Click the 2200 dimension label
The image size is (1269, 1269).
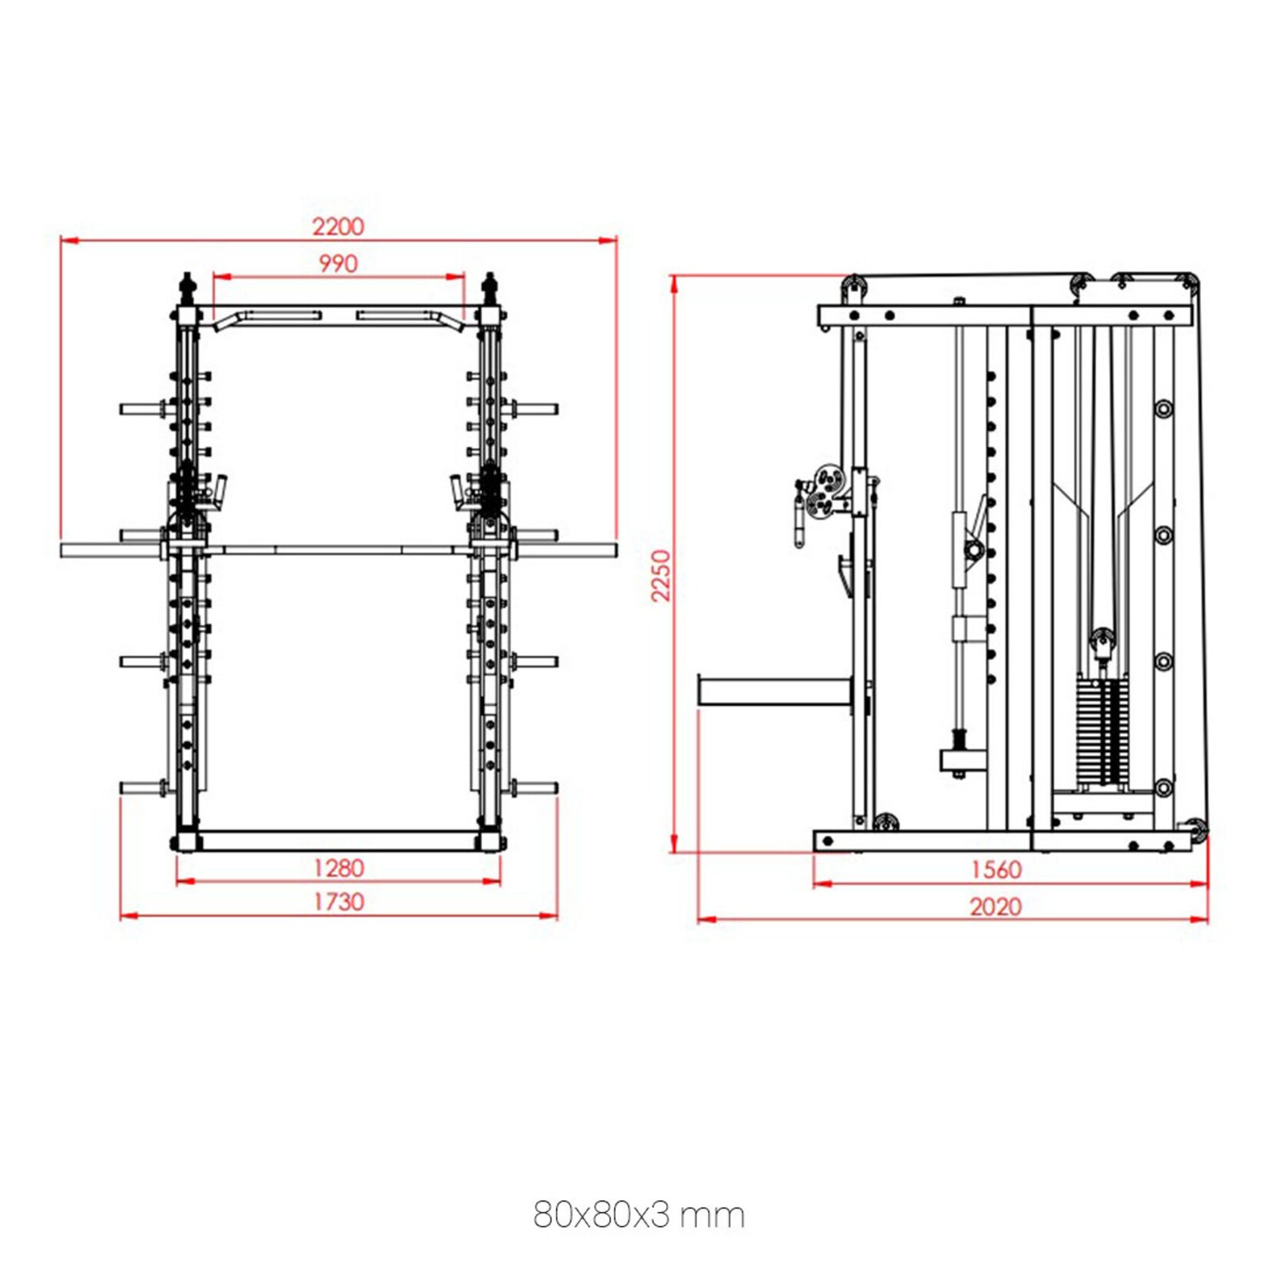coord(338,227)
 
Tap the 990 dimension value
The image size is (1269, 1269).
coord(338,263)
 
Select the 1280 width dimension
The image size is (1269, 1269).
coord(339,868)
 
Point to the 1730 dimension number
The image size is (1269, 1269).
coord(339,902)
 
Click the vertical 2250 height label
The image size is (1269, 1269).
coord(661,576)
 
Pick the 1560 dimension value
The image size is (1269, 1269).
coord(996,869)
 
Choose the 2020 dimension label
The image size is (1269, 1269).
coord(995,907)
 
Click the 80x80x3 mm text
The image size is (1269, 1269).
coord(638,1214)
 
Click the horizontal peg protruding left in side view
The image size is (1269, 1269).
coord(773,690)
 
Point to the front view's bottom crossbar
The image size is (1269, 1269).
coord(339,841)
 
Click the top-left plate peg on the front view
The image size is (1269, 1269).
coord(141,409)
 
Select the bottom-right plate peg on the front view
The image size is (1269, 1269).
coord(535,788)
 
